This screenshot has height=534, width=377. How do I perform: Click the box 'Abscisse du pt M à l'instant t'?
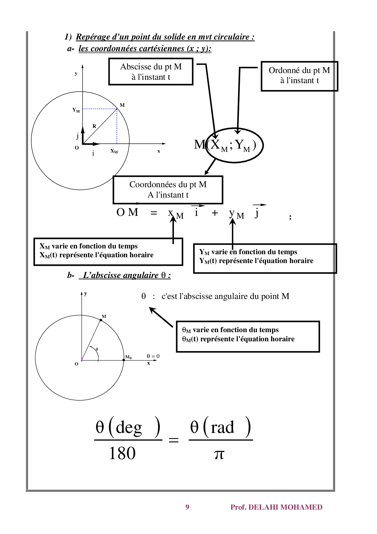point(151,72)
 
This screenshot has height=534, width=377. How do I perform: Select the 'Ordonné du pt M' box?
point(299,76)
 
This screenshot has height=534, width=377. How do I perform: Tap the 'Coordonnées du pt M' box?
point(168,190)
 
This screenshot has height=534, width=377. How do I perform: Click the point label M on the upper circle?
point(122,105)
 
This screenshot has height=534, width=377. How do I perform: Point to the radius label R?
point(94,126)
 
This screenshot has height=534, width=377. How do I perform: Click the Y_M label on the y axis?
point(76,110)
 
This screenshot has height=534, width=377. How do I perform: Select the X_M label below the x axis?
point(114,151)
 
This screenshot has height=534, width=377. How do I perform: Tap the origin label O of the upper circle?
point(77,148)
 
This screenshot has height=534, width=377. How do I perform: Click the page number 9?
point(187,507)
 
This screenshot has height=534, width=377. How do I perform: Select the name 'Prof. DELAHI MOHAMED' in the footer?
point(276,507)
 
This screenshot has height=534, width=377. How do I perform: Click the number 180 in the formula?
point(122,453)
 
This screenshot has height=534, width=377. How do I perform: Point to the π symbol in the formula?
point(219,454)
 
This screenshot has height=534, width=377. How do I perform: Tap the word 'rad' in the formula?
point(222,427)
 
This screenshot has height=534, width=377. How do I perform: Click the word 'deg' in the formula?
point(129,427)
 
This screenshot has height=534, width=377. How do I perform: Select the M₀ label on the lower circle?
point(128,357)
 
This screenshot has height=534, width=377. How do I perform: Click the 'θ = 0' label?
point(153,356)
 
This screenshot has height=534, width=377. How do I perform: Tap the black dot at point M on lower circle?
point(101,320)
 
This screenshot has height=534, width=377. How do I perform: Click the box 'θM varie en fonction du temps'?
point(248,336)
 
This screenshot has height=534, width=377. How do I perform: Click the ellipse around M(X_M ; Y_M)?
point(234,145)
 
